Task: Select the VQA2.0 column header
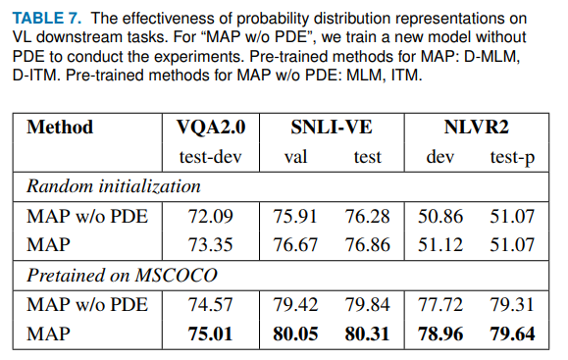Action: coord(210,127)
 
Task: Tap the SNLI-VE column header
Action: coord(333,127)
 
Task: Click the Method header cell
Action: coord(60,127)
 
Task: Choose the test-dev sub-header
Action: coord(210,157)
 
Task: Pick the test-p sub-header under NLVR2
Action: coord(512,157)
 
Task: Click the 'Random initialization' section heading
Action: coord(113,186)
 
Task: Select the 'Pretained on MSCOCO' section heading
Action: coord(120,276)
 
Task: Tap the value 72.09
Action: coord(210,216)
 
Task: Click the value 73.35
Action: coord(210,245)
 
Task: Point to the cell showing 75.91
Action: coord(296,216)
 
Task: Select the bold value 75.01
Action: coord(210,334)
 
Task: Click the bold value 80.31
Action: coord(368,334)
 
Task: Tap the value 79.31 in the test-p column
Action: coord(512,305)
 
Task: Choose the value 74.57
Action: coord(210,305)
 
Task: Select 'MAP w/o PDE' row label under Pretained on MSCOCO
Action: coord(86,305)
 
